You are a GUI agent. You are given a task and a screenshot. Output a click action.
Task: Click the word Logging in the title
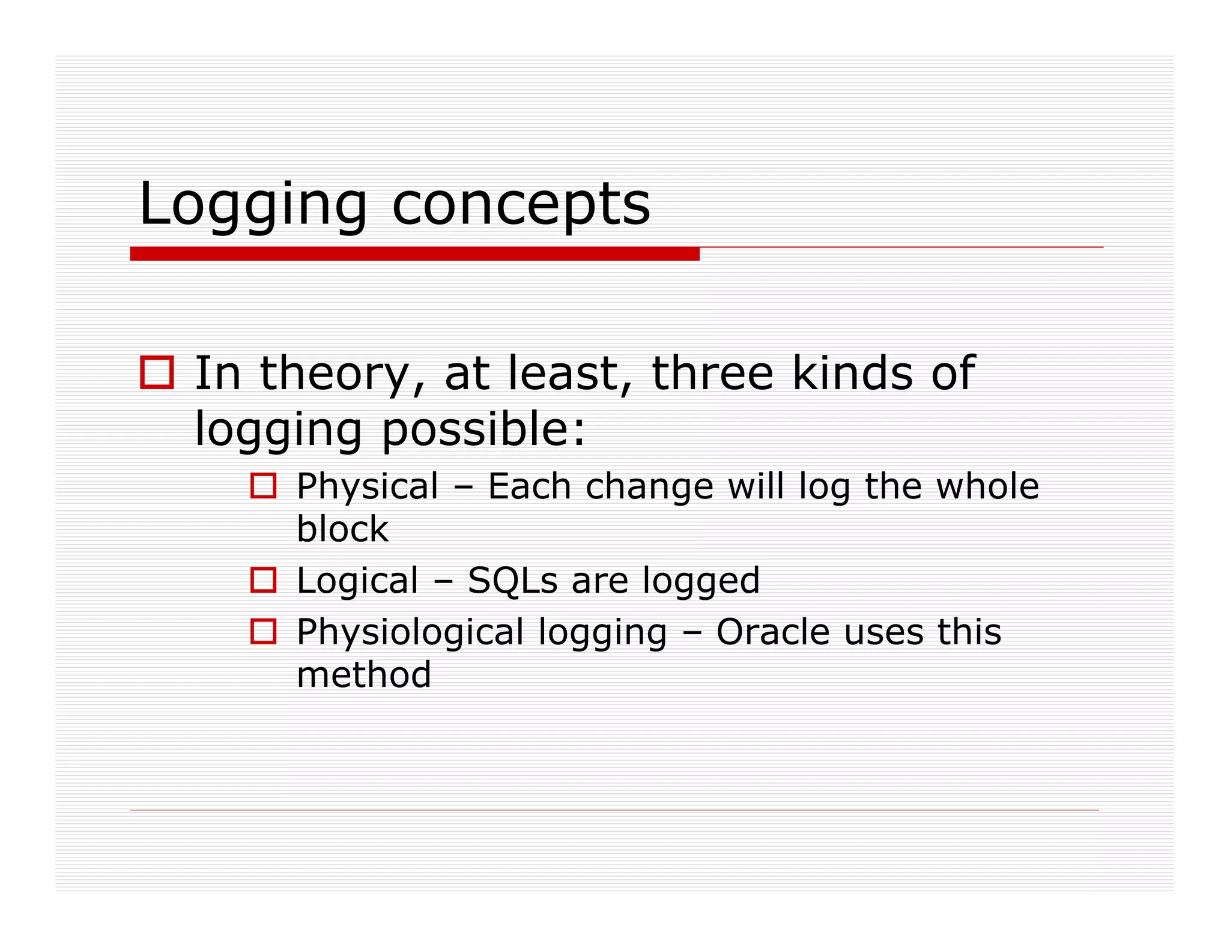click(252, 205)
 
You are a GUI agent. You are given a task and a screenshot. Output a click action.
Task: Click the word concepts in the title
click(521, 205)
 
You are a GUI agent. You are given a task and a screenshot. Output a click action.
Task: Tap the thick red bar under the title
click(414, 254)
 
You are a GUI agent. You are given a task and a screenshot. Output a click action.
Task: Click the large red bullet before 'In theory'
click(157, 372)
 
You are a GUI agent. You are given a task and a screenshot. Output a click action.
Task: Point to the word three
click(712, 374)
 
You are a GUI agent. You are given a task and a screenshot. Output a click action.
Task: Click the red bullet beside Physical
click(263, 485)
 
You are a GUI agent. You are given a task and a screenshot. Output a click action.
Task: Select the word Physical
click(368, 486)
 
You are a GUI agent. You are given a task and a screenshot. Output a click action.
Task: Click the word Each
click(529, 486)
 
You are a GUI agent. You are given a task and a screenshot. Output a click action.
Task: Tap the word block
click(342, 529)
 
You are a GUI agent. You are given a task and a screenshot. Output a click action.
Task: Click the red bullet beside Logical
click(263, 580)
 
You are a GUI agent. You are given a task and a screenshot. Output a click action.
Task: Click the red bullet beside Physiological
click(263, 632)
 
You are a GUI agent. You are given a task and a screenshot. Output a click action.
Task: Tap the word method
click(364, 675)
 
